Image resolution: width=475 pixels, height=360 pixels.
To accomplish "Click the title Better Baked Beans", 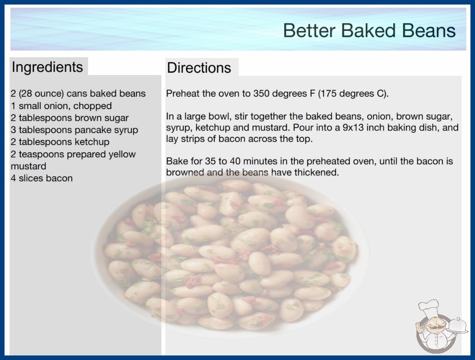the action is point(369,30).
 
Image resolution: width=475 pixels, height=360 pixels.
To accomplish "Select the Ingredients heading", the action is point(47,67).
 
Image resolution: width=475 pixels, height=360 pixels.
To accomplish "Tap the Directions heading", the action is point(199,68).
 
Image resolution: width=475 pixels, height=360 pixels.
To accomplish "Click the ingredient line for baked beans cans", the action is point(78,94).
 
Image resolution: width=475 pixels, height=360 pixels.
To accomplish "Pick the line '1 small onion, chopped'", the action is point(61,106).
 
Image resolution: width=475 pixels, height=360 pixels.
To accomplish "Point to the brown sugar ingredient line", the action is point(69,118).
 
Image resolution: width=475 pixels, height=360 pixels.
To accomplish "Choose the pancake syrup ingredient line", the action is point(74,130).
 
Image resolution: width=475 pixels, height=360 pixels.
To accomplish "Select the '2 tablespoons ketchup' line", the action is point(60,142).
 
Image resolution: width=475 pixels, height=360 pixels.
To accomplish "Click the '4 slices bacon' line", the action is point(42,178).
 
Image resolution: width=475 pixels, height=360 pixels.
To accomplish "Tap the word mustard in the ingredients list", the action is point(29,166).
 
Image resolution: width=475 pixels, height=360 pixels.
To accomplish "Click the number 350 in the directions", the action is point(263,94).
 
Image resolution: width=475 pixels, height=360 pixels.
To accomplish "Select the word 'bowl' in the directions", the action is point(220,116).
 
